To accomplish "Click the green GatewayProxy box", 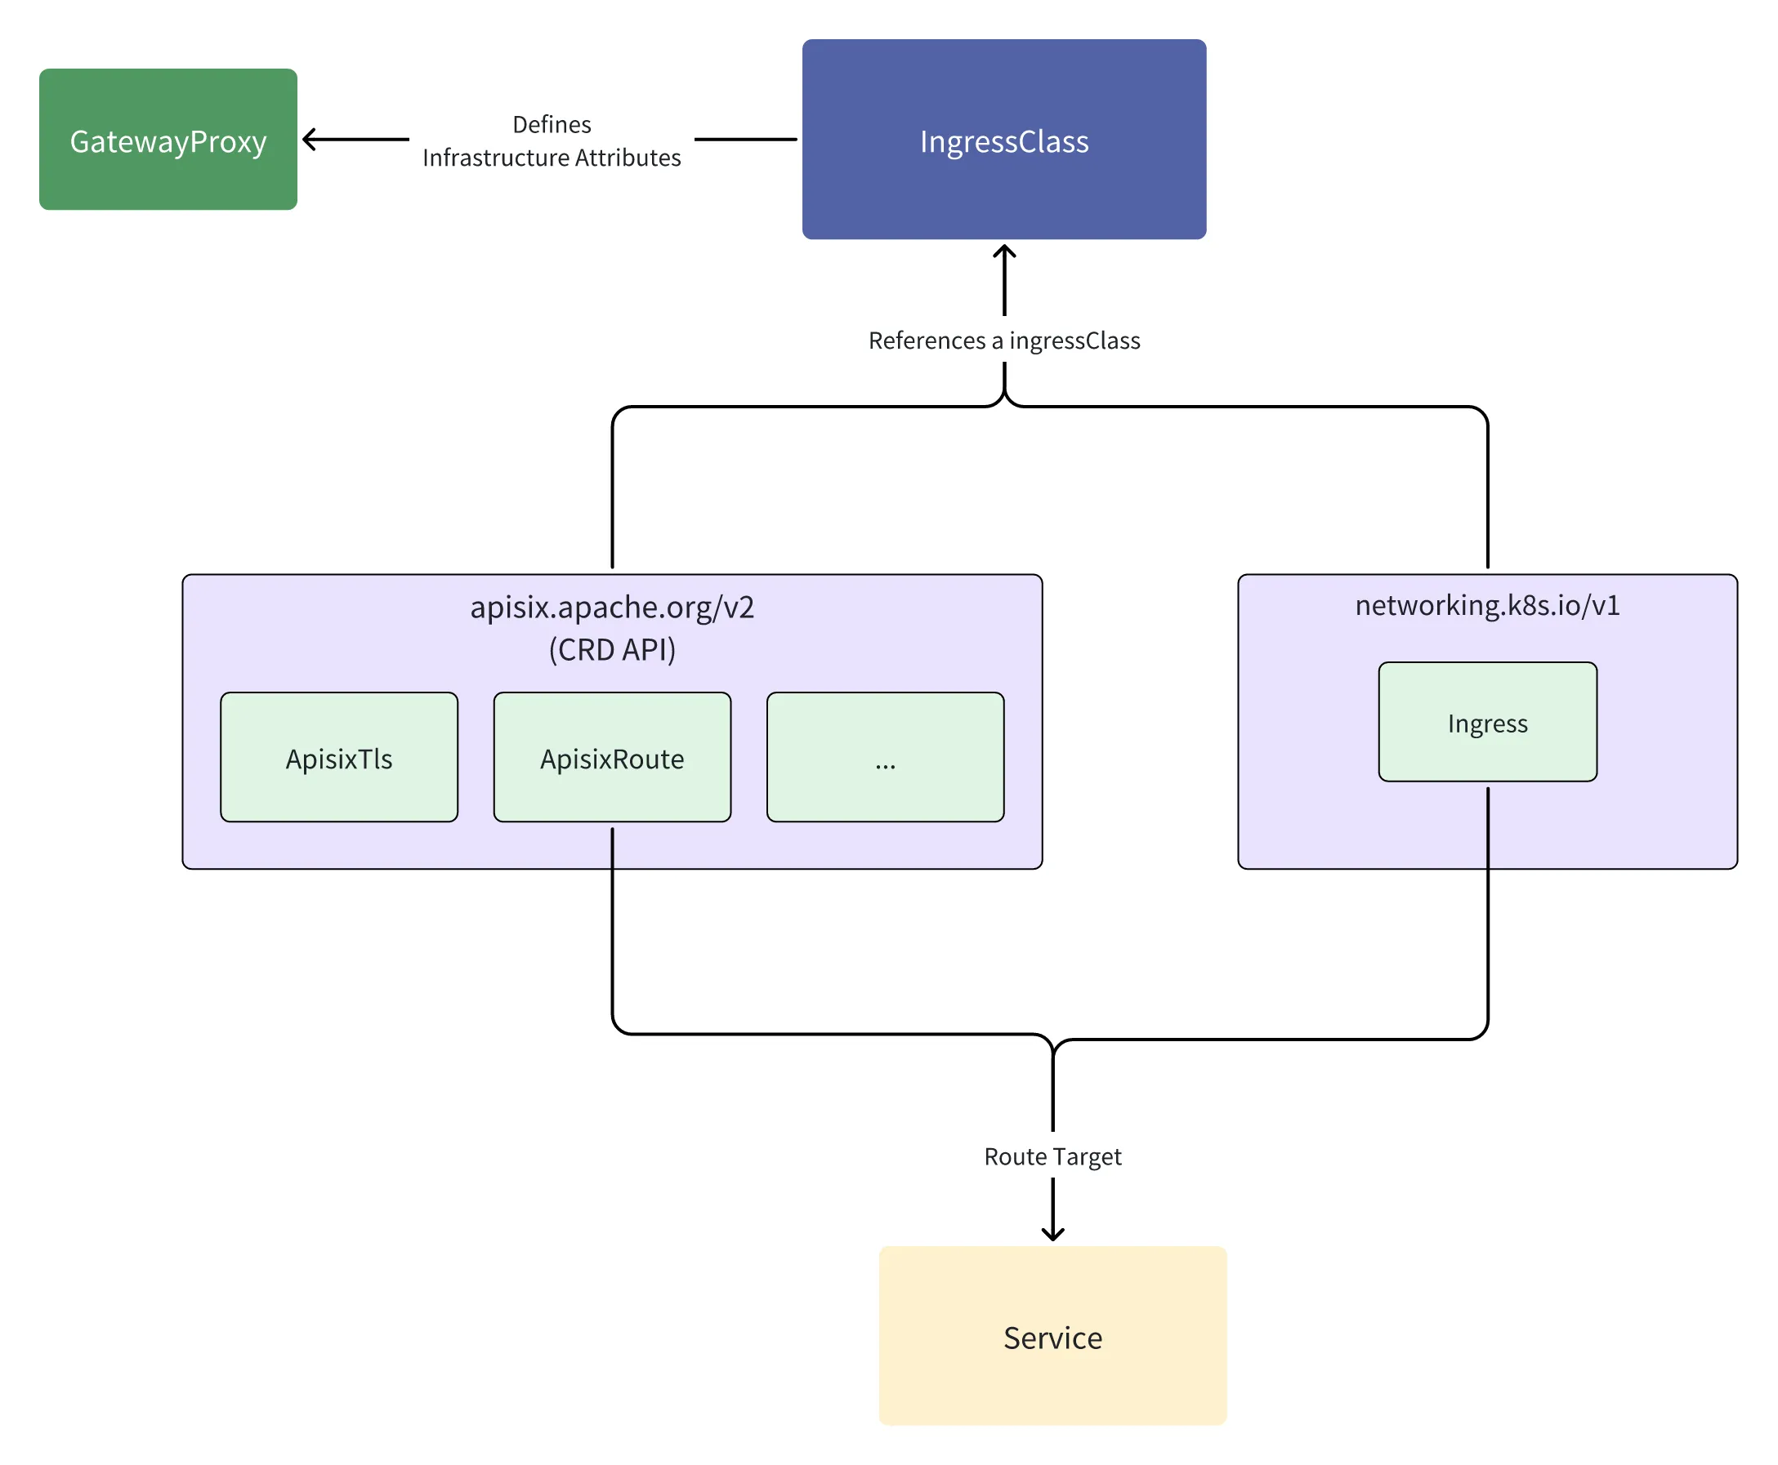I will pos(168,140).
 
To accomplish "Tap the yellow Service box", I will pos(1052,1336).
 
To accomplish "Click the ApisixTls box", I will pos(338,757).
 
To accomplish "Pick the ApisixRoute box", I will pos(611,757).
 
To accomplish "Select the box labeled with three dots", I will pos(884,757).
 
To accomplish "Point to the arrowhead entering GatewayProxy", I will pos(307,140).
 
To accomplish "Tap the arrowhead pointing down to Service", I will pos(1052,1235).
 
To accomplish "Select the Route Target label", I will pos(1052,1156).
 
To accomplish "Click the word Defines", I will pos(552,124).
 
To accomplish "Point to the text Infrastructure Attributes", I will pos(552,158).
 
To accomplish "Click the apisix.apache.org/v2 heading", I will pos(611,607).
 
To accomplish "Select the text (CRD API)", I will pos(611,649).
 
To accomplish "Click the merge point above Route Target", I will pos(1052,1046).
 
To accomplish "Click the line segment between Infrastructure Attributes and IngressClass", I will pos(744,140).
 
